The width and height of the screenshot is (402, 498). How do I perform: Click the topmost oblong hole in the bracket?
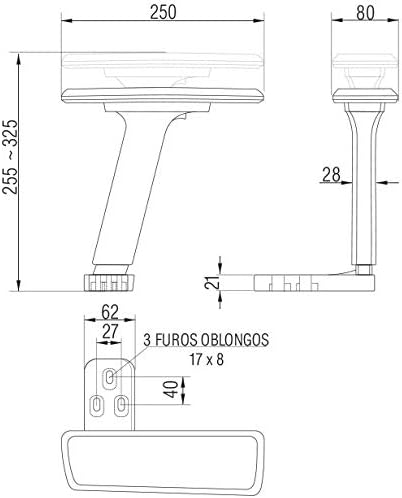coord(110,377)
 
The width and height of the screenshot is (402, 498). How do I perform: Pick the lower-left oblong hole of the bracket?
coord(97,405)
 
